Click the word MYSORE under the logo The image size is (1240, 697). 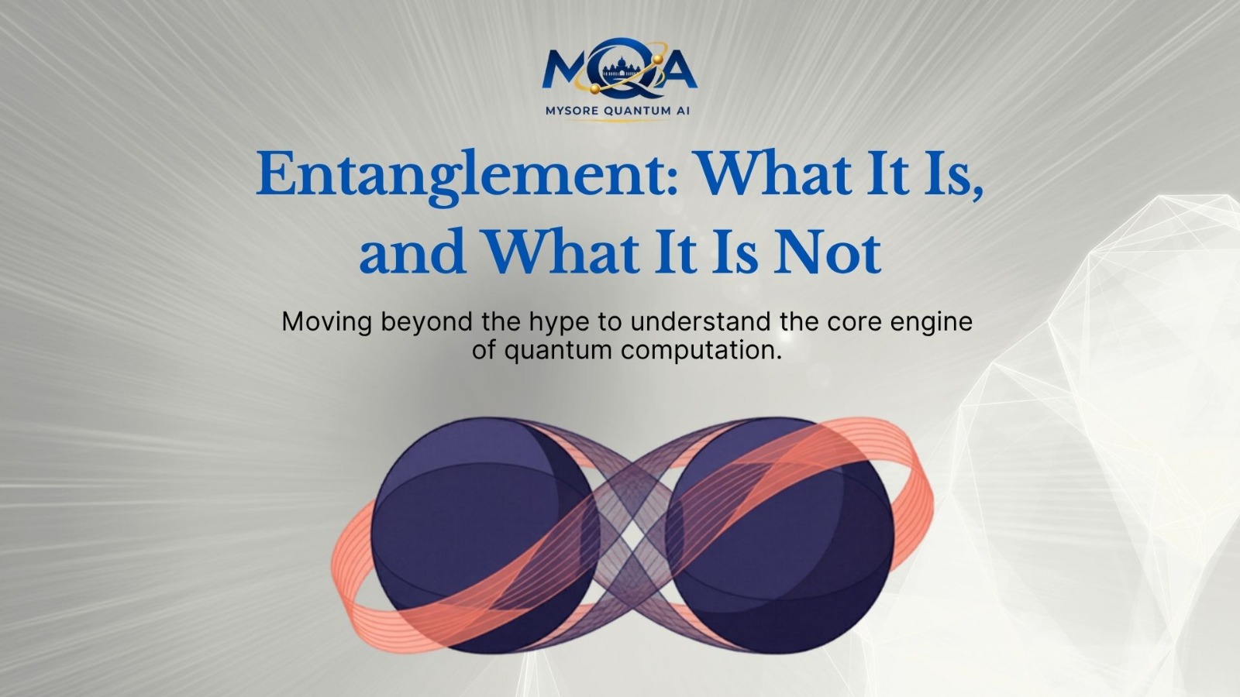tap(572, 111)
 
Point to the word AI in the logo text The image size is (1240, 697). tap(683, 111)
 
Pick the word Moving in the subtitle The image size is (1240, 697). tap(326, 322)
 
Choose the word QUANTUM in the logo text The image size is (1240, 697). tap(637, 111)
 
